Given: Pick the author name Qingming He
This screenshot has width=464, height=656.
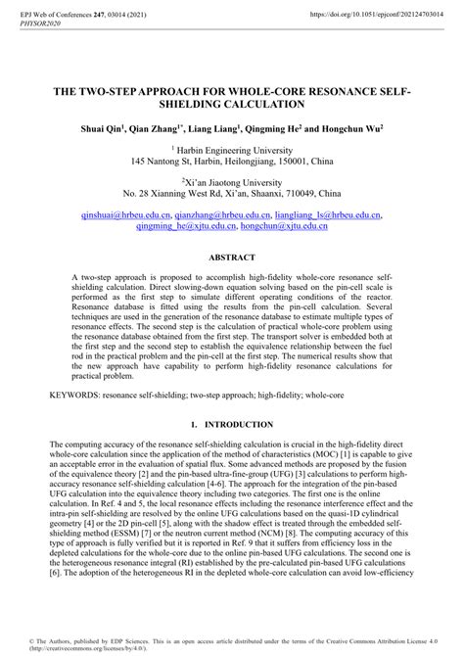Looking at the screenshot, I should click(278, 128).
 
